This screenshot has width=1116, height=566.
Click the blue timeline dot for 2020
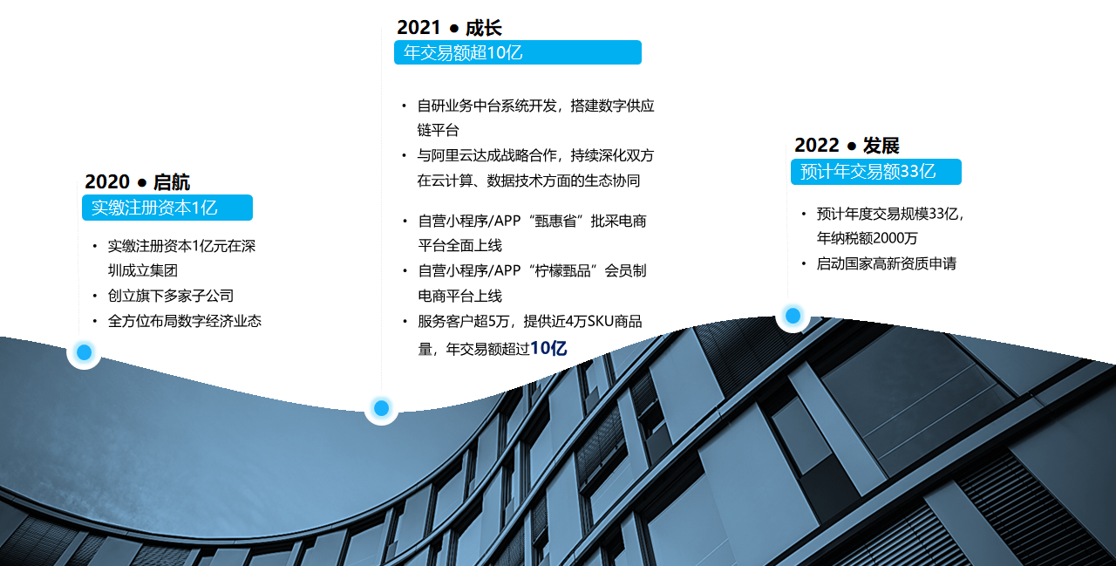pyautogui.click(x=85, y=352)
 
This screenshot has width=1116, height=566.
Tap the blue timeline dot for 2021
pyautogui.click(x=381, y=408)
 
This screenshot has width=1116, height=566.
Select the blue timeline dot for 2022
pyautogui.click(x=793, y=316)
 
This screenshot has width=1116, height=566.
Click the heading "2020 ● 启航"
pyautogui.click(x=137, y=182)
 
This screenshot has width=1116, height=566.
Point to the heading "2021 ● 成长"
pyautogui.click(x=449, y=28)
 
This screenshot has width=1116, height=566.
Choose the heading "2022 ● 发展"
pyautogui.click(x=847, y=146)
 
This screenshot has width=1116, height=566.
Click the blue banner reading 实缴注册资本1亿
pyautogui.click(x=167, y=208)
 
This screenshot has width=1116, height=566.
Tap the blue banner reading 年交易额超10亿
pyautogui.click(x=518, y=52)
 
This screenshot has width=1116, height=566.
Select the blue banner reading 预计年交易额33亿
pyautogui.click(x=876, y=172)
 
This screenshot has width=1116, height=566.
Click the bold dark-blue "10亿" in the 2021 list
pyautogui.click(x=548, y=348)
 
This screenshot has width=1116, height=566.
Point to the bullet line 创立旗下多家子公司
pyautogui.click(x=170, y=296)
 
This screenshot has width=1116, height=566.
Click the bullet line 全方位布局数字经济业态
pyautogui.click(x=184, y=321)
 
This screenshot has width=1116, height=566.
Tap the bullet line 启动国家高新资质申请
pyautogui.click(x=887, y=263)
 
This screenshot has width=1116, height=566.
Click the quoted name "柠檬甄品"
pyautogui.click(x=562, y=271)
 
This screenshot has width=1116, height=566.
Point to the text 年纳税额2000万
pyautogui.click(x=867, y=238)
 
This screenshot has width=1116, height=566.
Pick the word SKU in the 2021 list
pyautogui.click(x=600, y=321)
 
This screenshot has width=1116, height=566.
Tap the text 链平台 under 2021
pyautogui.click(x=438, y=131)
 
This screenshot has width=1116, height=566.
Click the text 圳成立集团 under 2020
pyautogui.click(x=142, y=270)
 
